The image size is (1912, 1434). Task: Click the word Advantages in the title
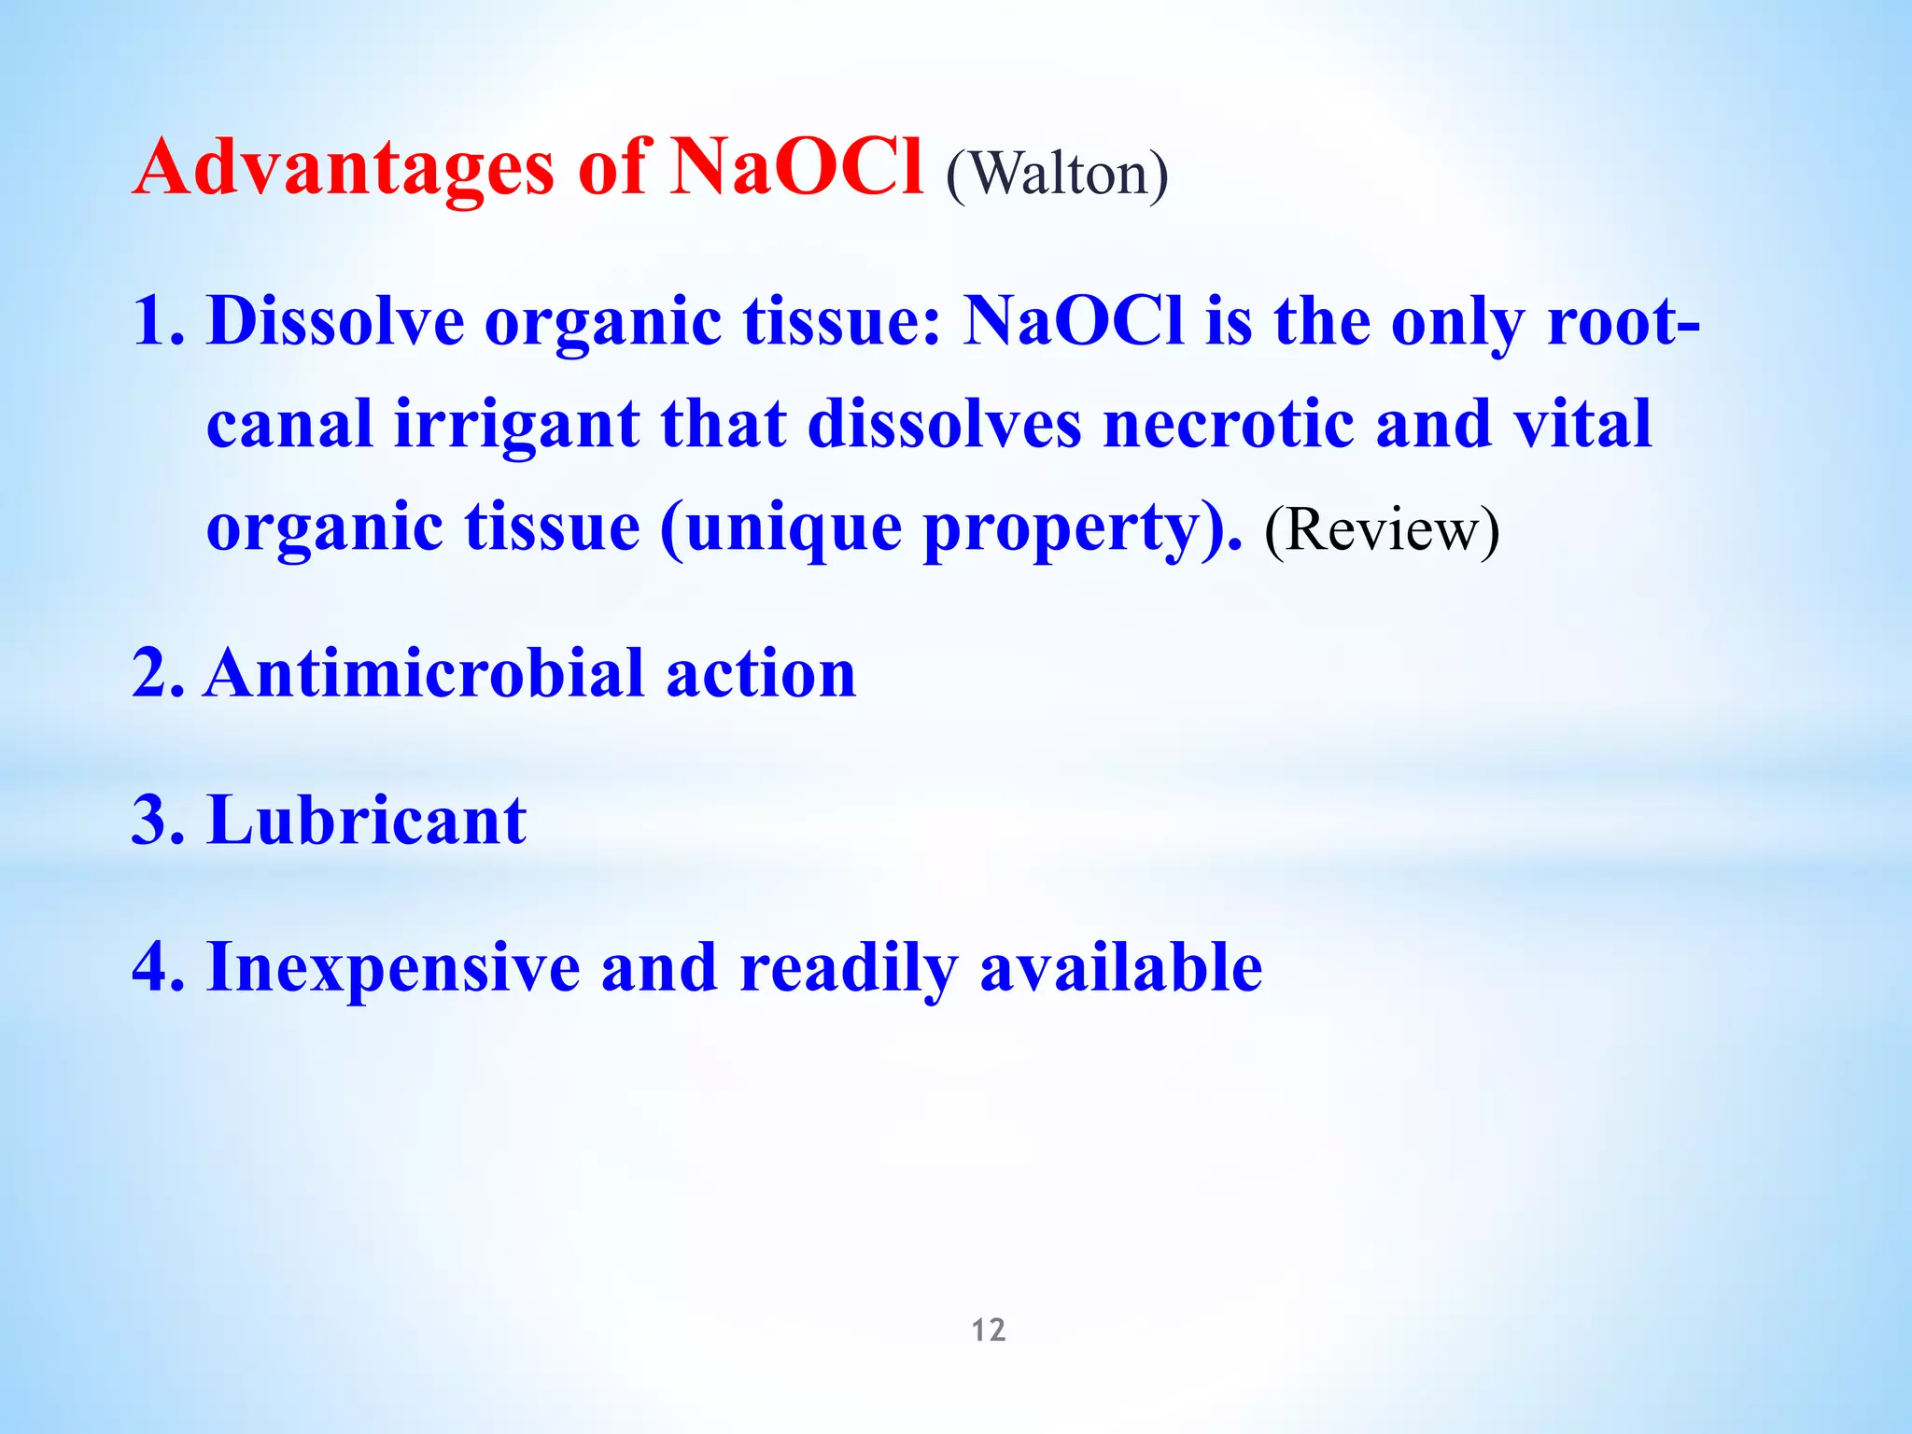[344, 170]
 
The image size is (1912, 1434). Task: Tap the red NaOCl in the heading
[798, 168]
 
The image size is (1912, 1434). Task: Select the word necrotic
[1228, 425]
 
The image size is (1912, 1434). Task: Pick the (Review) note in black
[1382, 530]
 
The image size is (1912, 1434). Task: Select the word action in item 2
[761, 674]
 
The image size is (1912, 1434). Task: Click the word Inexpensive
[393, 969]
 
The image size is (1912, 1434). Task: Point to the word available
[1120, 969]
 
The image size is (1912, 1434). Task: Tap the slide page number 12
[989, 1330]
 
